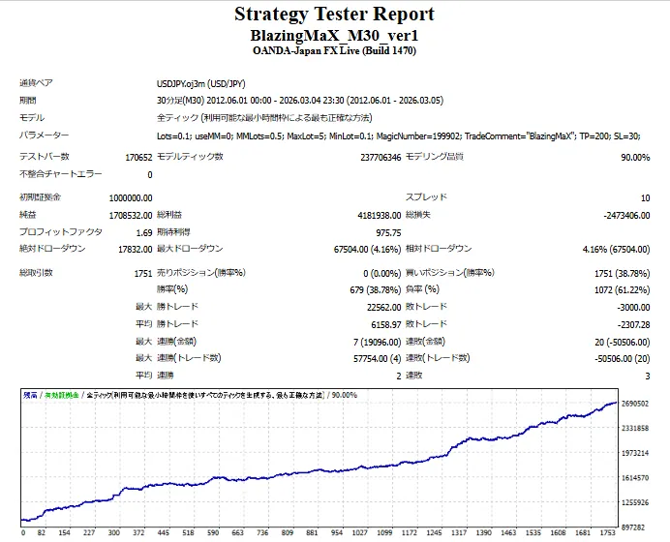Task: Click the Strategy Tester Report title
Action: pos(334,15)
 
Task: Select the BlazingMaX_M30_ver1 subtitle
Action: pos(334,35)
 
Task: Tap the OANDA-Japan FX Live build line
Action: pos(334,50)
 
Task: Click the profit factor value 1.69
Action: pos(143,232)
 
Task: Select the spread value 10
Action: pos(645,197)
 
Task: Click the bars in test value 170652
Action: pos(138,157)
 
